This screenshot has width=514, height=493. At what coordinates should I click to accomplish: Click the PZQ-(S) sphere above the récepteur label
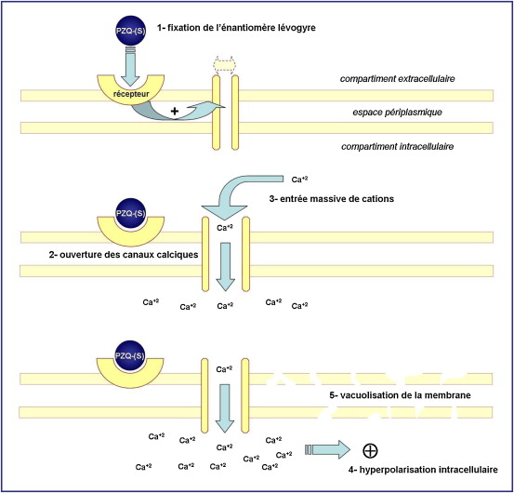pos(130,31)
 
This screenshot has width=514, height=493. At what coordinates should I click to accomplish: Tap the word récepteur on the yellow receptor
pos(131,94)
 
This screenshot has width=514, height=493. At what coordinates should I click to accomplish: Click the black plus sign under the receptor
pos(175,112)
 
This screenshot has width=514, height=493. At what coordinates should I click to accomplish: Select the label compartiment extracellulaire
pos(397,79)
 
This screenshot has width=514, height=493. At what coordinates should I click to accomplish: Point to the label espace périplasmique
pos(397,113)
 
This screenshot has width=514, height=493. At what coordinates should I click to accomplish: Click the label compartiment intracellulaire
pos(397,146)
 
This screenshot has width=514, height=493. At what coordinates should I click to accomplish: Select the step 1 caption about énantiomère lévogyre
pos(236,28)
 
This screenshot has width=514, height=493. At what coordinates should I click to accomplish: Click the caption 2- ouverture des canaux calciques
pos(124,255)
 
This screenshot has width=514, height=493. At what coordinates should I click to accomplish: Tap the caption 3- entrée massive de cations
pos(332,198)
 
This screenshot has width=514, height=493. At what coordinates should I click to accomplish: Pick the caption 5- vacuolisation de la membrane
pos(400,395)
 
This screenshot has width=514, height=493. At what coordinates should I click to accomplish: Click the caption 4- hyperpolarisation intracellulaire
pos(423,470)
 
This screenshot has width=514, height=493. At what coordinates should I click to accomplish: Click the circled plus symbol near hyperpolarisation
pos(371,450)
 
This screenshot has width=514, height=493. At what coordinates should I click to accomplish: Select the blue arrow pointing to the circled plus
pos(327,449)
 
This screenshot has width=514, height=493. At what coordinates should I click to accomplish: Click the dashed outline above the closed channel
pos(225,64)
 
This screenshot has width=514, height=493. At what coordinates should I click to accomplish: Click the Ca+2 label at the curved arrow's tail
pos(299,180)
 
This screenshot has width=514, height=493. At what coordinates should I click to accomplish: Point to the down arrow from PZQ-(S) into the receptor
pos(131,67)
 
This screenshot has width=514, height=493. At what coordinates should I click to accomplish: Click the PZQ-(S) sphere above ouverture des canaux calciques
pos(130,213)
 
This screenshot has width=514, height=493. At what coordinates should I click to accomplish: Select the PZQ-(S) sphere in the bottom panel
pos(130,355)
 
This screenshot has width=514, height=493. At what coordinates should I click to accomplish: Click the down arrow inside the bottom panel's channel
pos(225,408)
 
